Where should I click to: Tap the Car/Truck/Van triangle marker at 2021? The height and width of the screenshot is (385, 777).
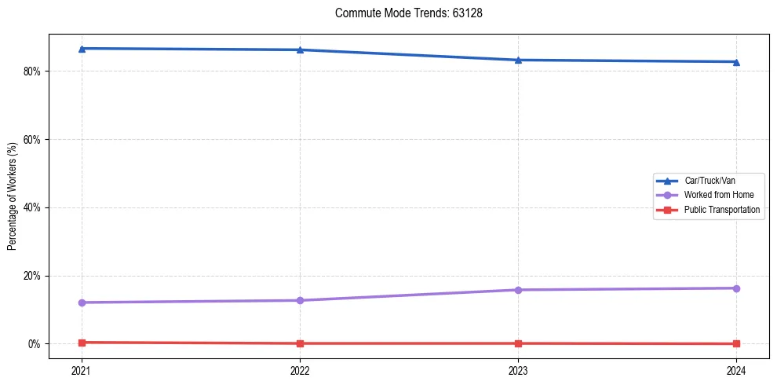click(x=82, y=49)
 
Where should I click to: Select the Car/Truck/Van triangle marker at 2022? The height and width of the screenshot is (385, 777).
click(x=300, y=50)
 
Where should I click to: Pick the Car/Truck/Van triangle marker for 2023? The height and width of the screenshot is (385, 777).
click(x=518, y=60)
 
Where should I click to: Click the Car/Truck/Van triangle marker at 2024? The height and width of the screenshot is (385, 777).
click(x=736, y=62)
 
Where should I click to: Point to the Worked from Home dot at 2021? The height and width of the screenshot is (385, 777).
click(x=82, y=302)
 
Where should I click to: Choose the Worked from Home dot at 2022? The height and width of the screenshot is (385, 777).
click(x=300, y=300)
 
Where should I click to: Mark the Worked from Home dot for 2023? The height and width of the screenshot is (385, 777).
click(x=518, y=290)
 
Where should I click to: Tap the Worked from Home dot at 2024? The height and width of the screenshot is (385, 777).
click(x=736, y=288)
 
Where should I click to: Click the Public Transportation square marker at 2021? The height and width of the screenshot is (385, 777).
click(x=82, y=343)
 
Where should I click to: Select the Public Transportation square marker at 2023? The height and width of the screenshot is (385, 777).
click(x=518, y=343)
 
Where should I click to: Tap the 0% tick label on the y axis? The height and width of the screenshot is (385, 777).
click(x=35, y=344)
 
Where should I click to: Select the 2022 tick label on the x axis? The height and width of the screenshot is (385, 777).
click(x=300, y=369)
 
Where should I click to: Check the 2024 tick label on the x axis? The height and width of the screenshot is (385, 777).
click(x=736, y=369)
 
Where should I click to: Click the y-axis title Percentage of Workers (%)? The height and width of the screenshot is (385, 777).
click(x=13, y=196)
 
